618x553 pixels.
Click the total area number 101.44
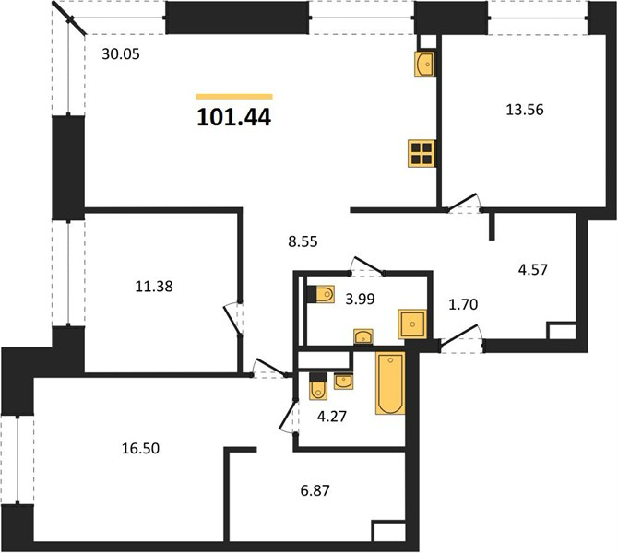pos(233,117)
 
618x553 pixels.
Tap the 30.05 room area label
pos(121,54)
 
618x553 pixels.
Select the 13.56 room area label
pos(525,110)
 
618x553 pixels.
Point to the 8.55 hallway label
pos(303,241)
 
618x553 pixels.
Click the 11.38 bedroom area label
pos(154,287)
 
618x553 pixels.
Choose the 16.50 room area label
pos(140,448)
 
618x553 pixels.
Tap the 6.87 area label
pos(315,490)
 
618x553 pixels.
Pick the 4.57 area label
pos(533,270)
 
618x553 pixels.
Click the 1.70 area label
pos(463,304)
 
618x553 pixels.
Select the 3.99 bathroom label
pos(360,300)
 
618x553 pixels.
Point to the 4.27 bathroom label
pos(332,417)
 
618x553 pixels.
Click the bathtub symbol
pos(390,383)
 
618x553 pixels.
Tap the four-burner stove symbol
pos(422,154)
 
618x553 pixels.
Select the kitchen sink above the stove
pos(424,64)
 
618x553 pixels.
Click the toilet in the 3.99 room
pos(320,294)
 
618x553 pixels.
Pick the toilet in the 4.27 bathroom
pos(317,386)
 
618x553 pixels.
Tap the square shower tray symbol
pos(412,324)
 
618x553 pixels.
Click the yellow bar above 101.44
pos(234,97)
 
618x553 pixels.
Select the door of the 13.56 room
pos(461,202)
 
